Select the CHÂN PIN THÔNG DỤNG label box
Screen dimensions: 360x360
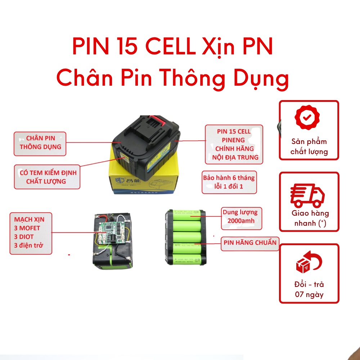click(40, 143)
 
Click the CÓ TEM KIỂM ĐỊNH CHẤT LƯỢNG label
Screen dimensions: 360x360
click(47, 177)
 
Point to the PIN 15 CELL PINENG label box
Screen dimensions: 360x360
click(234, 144)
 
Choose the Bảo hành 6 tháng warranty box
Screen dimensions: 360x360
click(229, 182)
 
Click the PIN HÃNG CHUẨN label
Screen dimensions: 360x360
click(250, 242)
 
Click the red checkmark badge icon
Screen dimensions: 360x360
click(307, 117)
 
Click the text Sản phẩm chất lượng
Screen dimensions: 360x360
click(309, 147)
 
